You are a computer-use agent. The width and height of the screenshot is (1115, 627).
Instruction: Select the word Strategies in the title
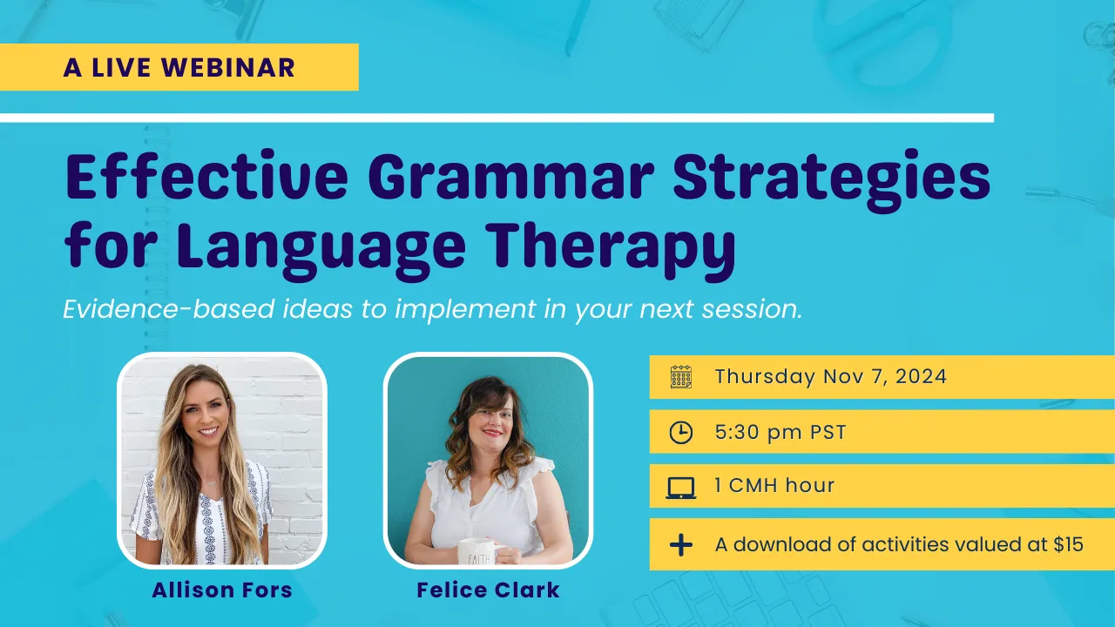(832, 181)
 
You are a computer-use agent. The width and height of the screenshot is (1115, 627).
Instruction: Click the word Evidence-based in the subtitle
(169, 308)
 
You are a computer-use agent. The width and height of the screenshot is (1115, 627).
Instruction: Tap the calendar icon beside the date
(680, 377)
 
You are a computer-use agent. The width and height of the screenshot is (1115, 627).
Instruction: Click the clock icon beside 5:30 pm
(680, 432)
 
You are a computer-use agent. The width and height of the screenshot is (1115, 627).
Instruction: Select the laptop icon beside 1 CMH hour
(680, 488)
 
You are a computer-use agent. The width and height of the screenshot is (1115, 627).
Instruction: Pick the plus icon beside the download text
(681, 545)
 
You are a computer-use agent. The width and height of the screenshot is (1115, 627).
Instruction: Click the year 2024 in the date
(921, 377)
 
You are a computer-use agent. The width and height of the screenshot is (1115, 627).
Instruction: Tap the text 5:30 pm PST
(780, 432)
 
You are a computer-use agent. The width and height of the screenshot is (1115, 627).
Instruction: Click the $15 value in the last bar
(1068, 544)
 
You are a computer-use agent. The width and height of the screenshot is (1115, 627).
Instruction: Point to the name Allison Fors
(222, 590)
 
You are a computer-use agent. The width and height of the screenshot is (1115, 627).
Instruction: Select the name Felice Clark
(488, 590)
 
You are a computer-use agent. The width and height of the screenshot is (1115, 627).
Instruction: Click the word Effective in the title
(206, 177)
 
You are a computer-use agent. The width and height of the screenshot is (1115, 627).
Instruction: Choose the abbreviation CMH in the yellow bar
(752, 485)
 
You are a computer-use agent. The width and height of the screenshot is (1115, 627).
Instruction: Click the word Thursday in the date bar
(765, 377)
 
